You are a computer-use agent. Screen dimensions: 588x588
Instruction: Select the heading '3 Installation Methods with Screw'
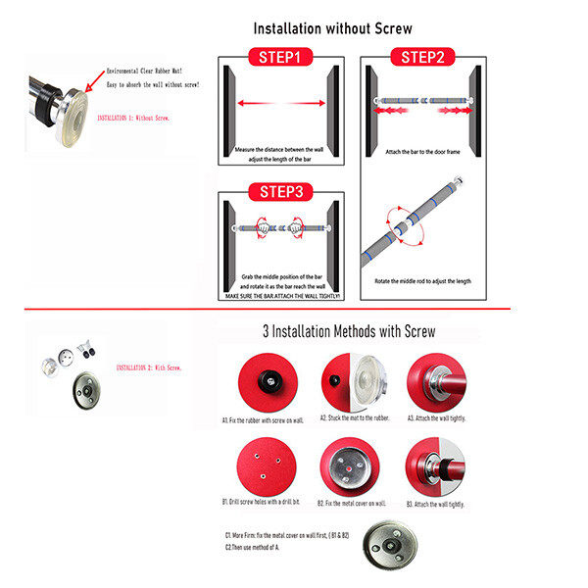350,332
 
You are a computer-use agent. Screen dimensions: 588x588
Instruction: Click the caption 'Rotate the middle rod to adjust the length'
422,281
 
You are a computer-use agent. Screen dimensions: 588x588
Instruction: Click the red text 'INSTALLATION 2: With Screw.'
150,367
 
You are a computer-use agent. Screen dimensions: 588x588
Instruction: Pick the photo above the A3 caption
435,380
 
